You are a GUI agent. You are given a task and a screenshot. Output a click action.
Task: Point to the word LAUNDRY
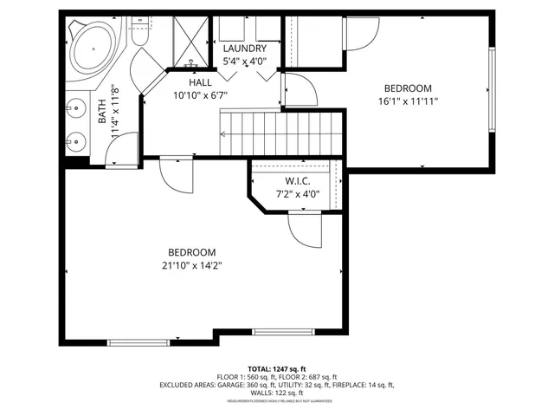(243, 49)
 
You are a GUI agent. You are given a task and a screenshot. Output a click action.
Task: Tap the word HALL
(200, 81)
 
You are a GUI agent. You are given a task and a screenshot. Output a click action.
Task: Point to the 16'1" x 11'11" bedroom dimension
(407, 101)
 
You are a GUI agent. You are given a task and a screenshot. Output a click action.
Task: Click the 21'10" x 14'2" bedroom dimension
(191, 265)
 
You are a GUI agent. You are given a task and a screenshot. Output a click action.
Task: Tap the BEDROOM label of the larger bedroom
(191, 252)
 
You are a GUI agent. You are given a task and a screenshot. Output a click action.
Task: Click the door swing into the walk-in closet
(302, 229)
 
